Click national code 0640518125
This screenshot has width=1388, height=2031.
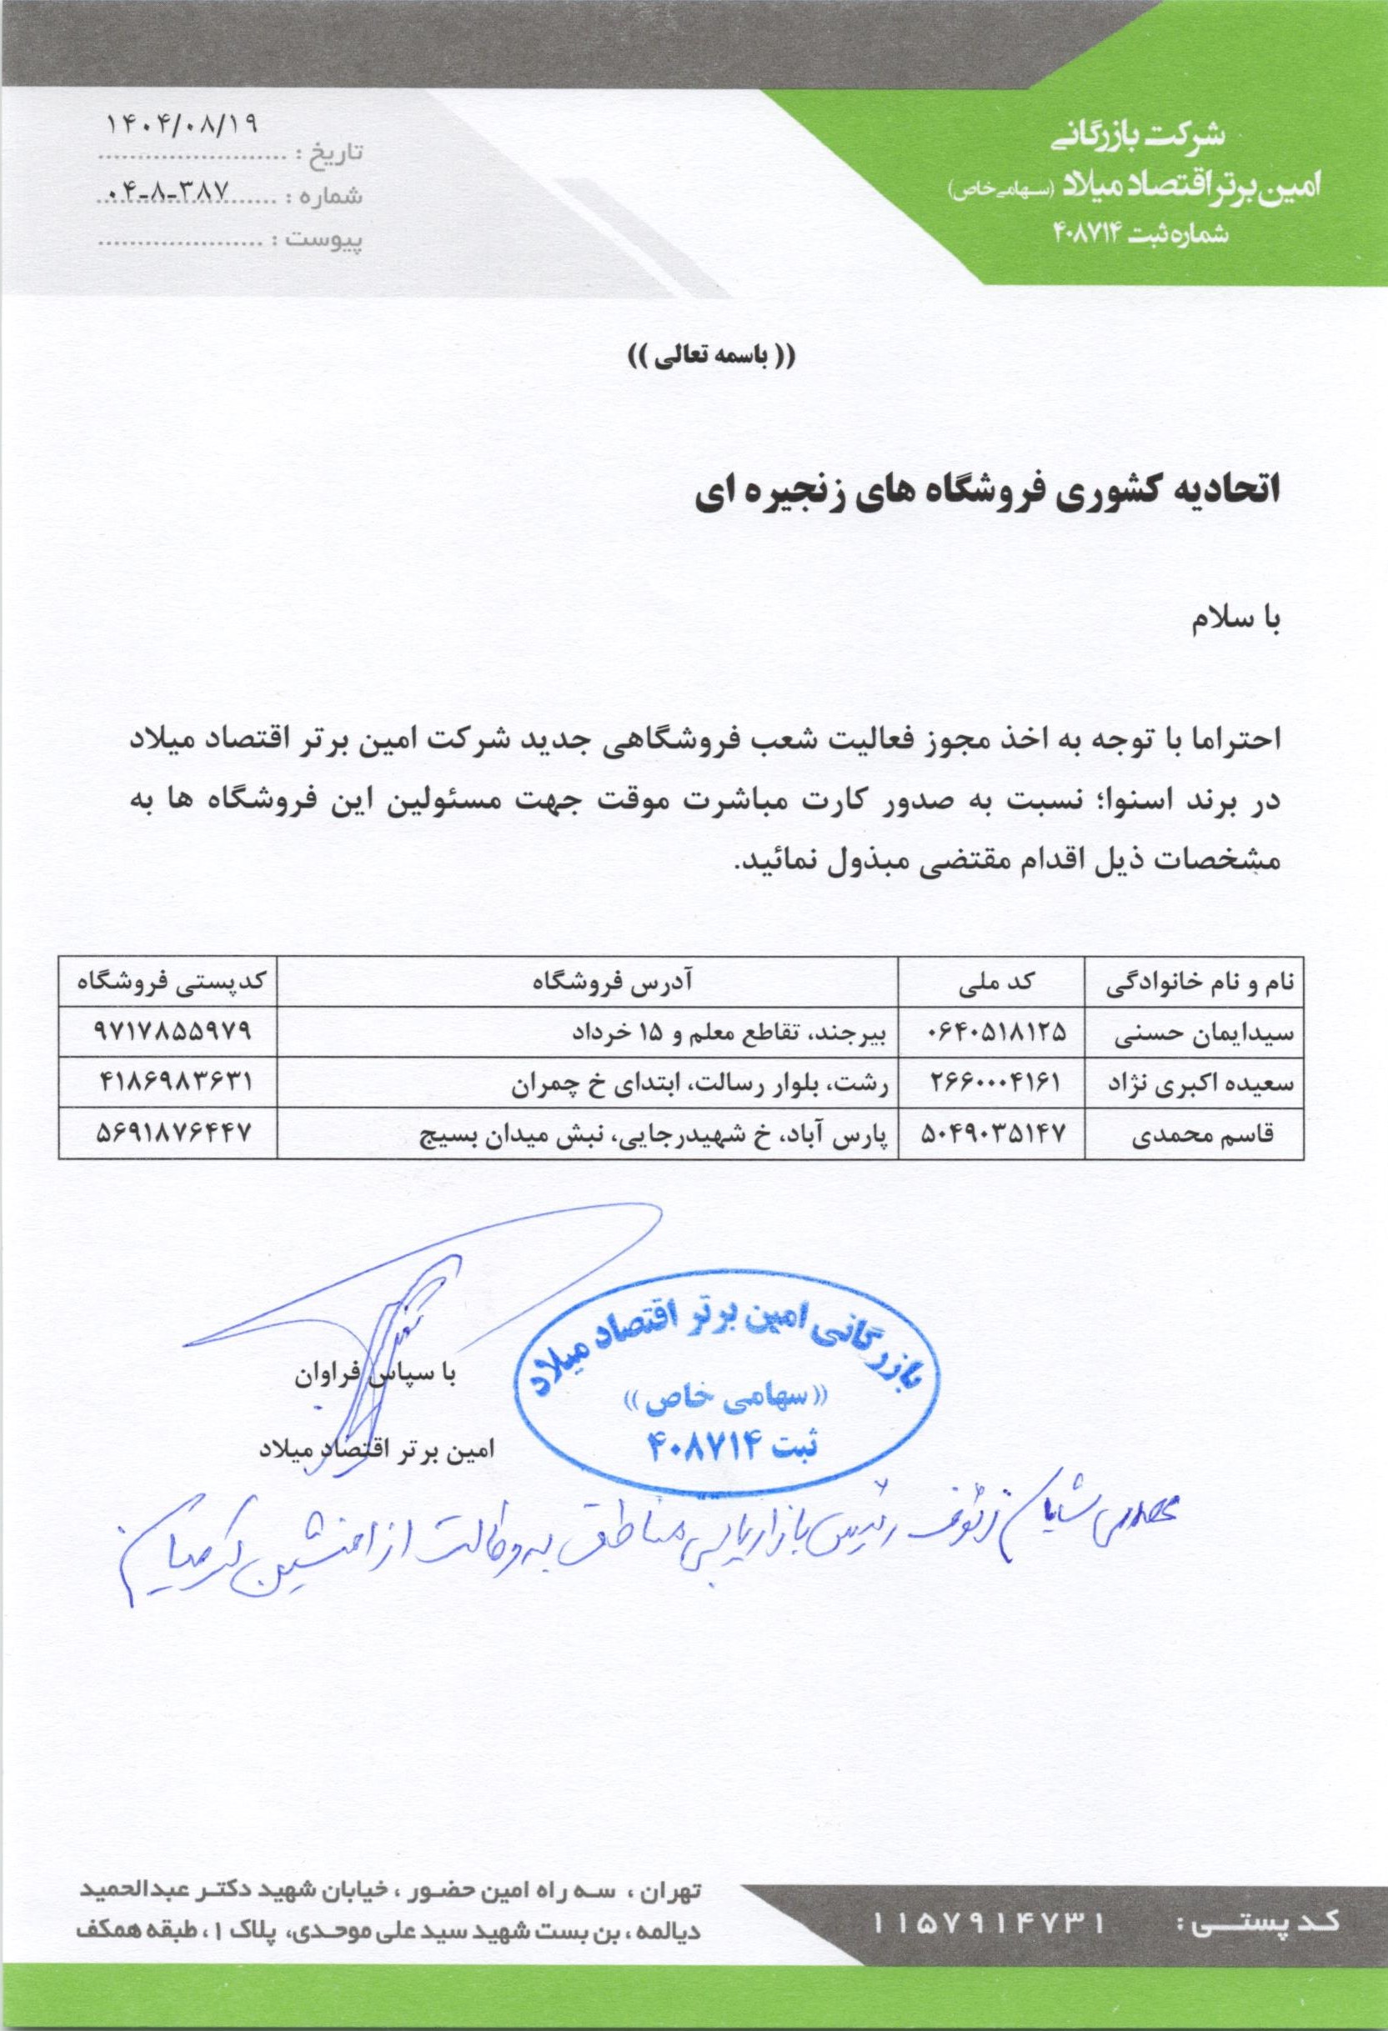[994, 1033]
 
